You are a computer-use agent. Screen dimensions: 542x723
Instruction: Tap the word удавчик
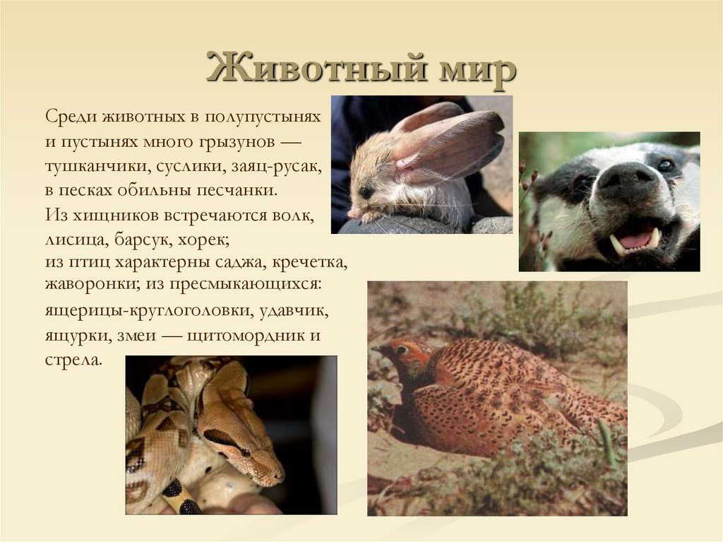(293, 311)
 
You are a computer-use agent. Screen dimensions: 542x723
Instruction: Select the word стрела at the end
(72, 359)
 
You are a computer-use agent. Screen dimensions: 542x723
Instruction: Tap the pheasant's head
(400, 350)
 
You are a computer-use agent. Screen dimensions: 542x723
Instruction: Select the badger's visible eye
(665, 165)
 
